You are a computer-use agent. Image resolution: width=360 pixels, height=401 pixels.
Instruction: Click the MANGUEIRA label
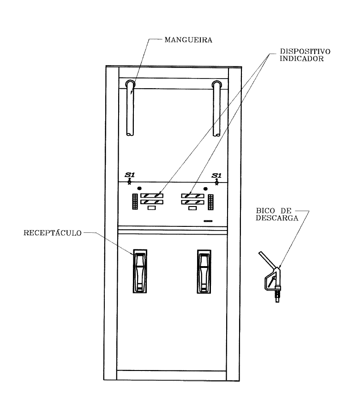tap(188, 40)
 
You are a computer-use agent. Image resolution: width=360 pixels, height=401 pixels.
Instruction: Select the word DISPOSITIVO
tap(305, 51)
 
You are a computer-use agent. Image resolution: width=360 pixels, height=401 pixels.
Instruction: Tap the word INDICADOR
tap(301, 59)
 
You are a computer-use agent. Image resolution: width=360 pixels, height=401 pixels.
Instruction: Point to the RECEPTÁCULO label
tap(52, 233)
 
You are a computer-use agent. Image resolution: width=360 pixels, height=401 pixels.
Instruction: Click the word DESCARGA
tap(277, 218)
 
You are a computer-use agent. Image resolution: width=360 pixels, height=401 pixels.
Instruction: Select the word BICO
tap(265, 211)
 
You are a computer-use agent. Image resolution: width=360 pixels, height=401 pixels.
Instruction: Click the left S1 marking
tap(130, 175)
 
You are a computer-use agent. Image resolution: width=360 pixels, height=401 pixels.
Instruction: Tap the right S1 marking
tap(216, 176)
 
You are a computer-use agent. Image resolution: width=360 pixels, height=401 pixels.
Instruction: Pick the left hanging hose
tap(130, 108)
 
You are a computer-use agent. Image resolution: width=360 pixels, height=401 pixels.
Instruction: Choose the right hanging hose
tap(216, 108)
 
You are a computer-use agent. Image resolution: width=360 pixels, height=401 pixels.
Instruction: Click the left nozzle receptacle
tap(140, 271)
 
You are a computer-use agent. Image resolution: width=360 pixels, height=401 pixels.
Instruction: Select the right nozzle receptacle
tap(204, 271)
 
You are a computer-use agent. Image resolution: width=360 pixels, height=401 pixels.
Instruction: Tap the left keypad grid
tap(135, 202)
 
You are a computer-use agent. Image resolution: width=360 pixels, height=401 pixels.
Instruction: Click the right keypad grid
tap(210, 202)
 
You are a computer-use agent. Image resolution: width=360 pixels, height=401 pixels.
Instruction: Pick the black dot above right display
tap(205, 189)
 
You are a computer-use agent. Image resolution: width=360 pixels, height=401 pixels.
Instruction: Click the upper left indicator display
tap(152, 195)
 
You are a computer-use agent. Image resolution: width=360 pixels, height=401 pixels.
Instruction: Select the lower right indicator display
tap(192, 202)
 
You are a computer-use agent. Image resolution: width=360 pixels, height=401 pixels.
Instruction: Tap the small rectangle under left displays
tap(152, 208)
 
